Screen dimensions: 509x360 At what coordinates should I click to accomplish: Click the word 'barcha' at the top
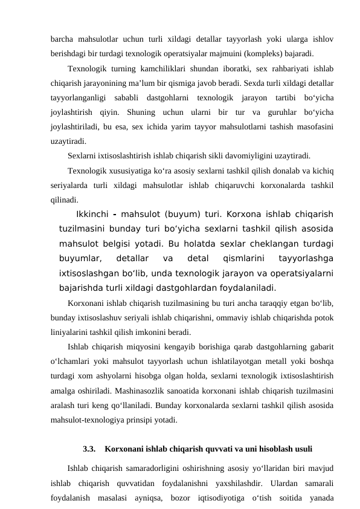[61, 39]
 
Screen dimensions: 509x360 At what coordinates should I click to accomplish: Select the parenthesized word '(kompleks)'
[254, 53]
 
